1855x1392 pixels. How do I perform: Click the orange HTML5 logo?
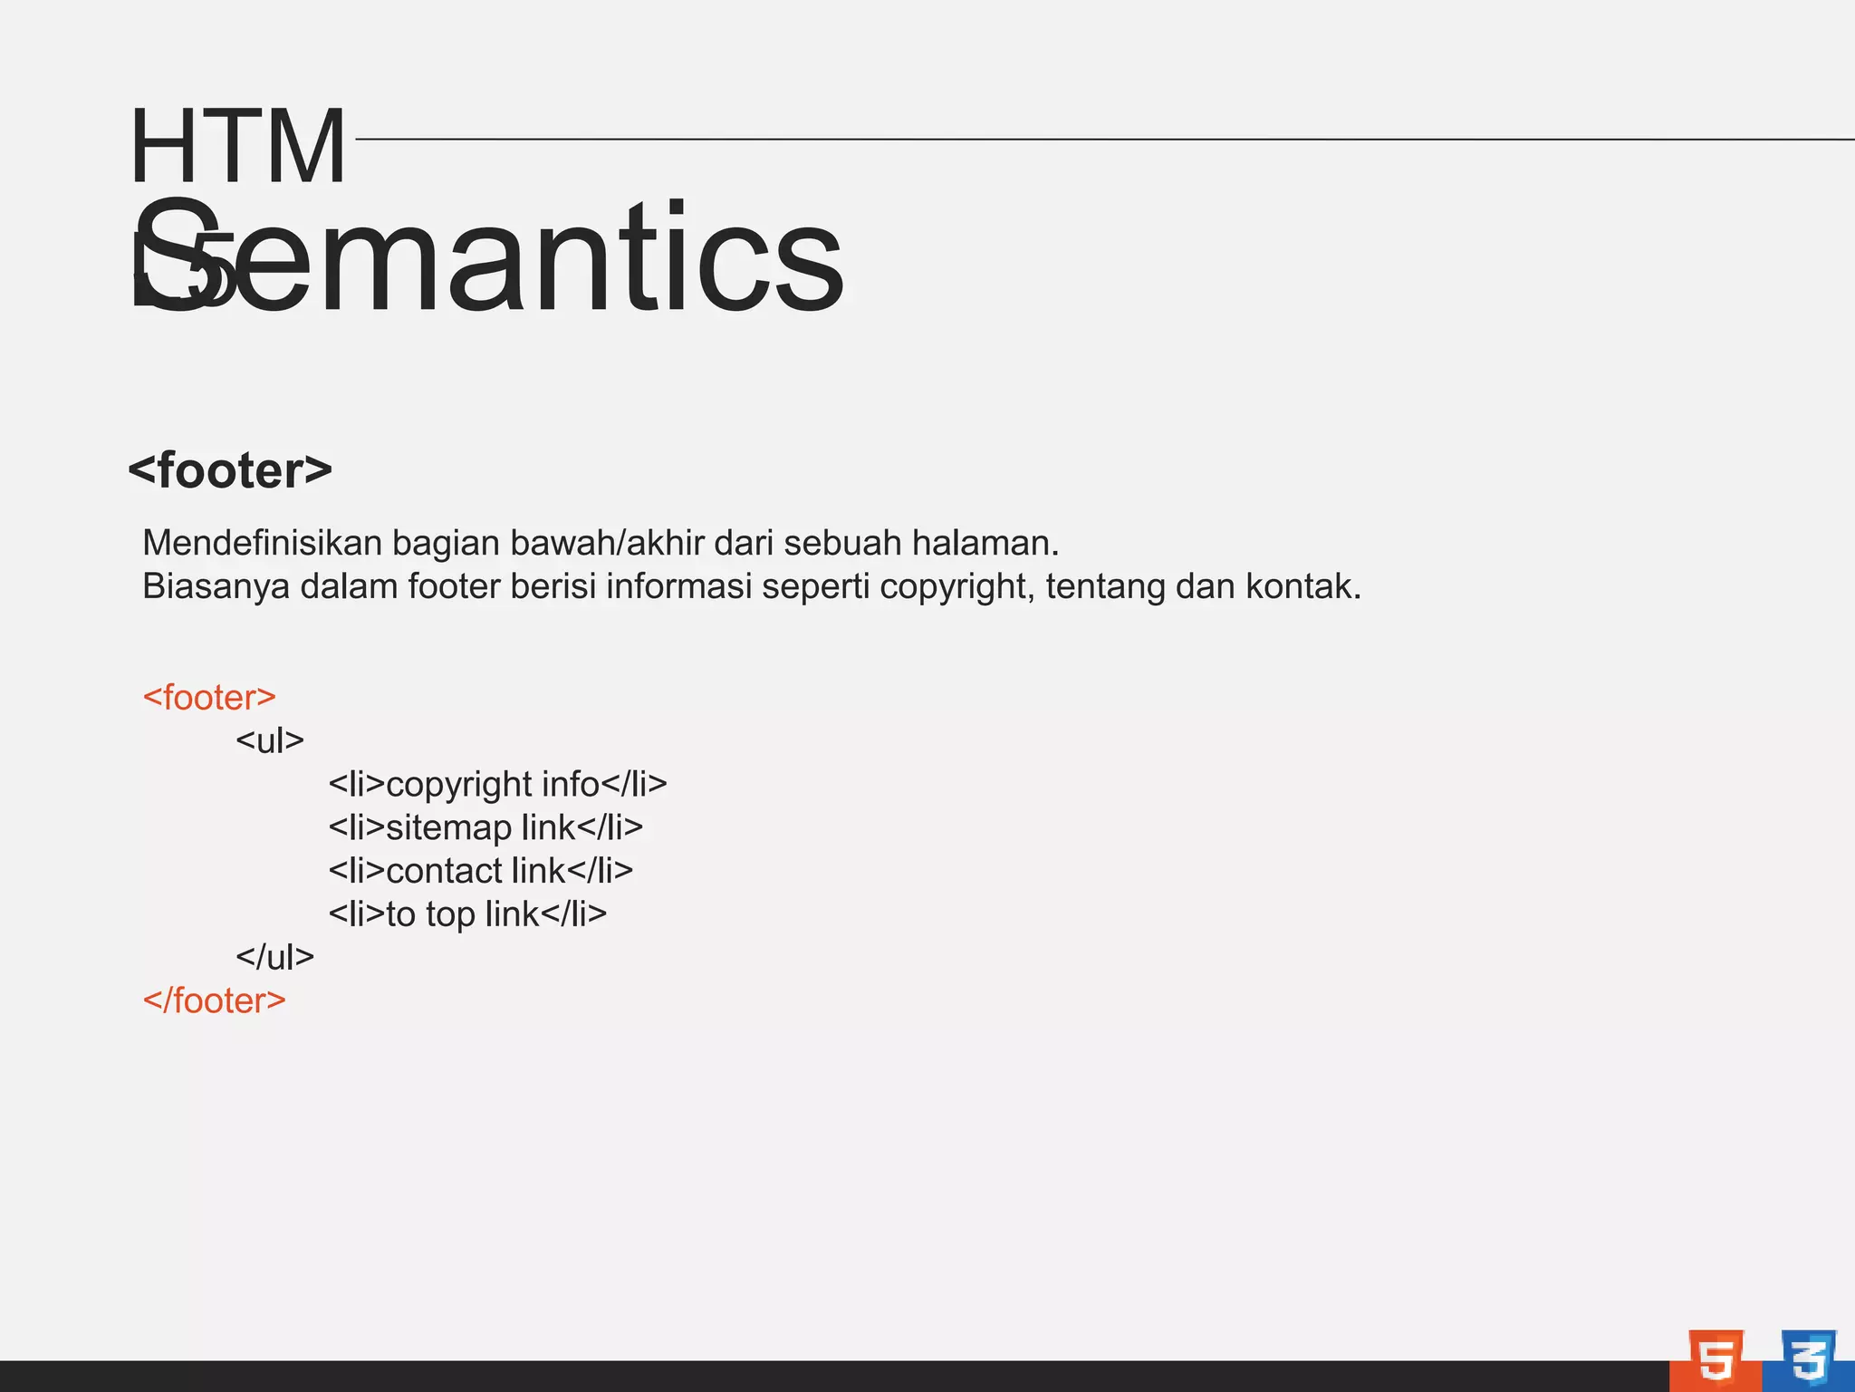1716,1359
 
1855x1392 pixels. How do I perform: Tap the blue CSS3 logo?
1808,1359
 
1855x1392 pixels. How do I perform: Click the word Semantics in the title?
489,258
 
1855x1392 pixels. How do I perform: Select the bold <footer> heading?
230,470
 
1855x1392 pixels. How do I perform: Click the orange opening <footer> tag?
209,697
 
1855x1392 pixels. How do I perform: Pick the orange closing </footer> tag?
215,1000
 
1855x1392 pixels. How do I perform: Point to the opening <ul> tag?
270,740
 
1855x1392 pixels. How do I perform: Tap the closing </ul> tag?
274,957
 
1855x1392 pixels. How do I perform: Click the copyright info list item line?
497,784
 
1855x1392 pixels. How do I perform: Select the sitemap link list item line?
485,827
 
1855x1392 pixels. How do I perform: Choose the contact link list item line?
480,871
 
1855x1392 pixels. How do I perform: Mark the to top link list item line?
467,914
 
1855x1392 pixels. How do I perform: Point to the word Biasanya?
216,586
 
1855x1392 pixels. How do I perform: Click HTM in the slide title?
237,145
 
